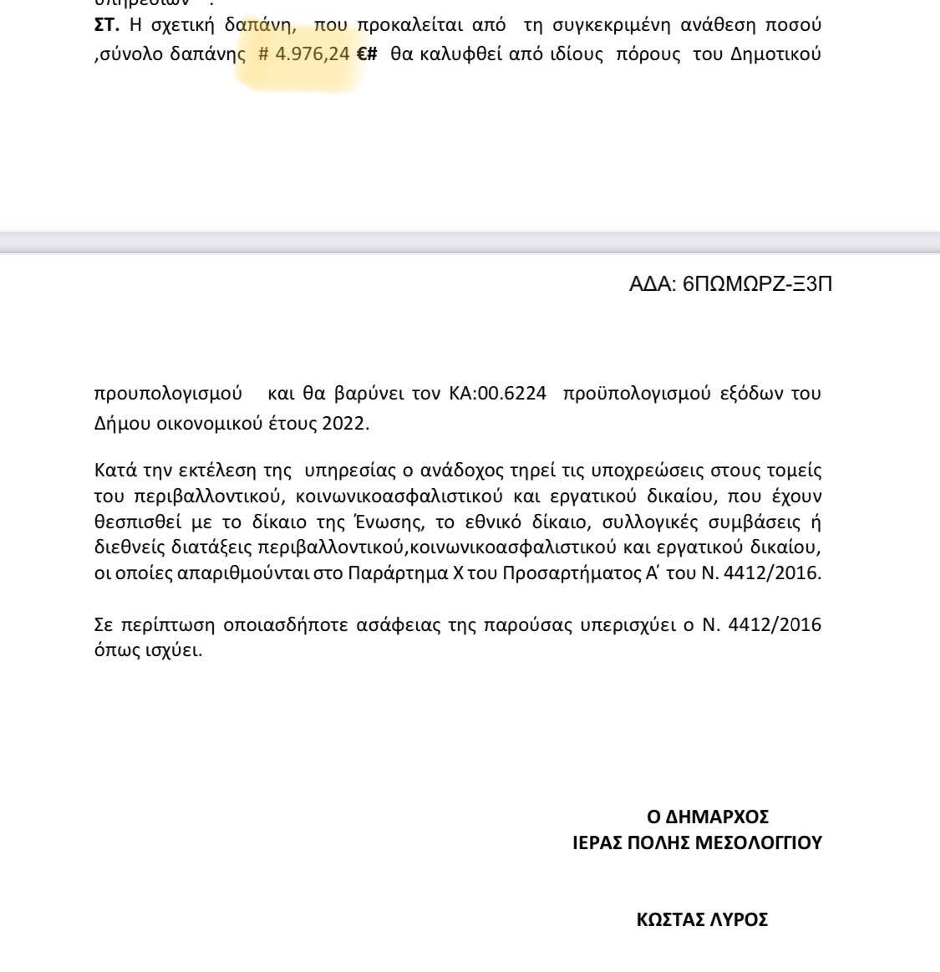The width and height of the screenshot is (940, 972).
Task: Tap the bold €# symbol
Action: [367, 55]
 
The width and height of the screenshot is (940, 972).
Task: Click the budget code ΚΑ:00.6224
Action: [498, 394]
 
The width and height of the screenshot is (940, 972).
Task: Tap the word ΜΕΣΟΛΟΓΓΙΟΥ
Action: [759, 842]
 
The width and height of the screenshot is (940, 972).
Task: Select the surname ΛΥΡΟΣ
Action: [737, 920]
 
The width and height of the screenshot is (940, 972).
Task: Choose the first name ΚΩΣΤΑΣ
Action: [668, 920]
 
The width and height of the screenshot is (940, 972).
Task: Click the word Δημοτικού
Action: [775, 55]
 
